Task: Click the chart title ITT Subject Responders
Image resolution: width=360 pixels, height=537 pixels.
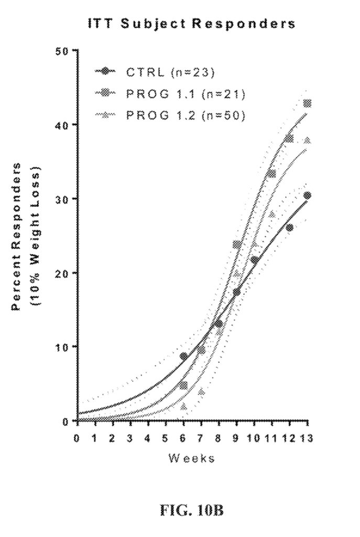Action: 192,24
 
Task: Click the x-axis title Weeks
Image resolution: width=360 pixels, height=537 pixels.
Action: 192,458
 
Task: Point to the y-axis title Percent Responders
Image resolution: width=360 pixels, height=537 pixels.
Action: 17,236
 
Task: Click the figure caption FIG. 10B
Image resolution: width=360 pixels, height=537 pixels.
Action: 191,510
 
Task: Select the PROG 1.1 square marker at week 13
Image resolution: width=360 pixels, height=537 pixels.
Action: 307,103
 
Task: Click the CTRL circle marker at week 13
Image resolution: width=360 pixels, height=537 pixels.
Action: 307,196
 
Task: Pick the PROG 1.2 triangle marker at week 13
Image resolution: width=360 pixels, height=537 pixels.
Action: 307,140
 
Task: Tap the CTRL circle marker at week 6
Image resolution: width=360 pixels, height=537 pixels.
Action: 183,356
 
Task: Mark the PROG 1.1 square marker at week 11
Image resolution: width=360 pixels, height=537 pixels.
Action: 271,174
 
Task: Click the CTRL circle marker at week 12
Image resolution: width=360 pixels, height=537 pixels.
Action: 289,228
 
